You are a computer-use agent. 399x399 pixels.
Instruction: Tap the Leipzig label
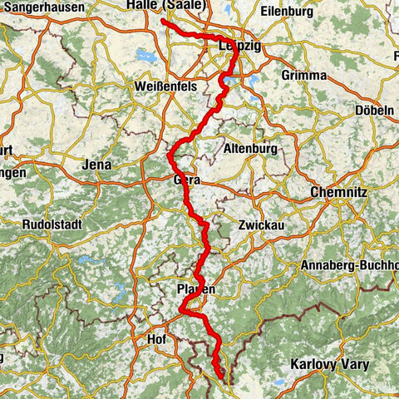click(x=238, y=47)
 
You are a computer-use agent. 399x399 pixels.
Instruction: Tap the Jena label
click(x=97, y=165)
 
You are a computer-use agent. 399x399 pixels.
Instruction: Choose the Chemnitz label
click(x=334, y=191)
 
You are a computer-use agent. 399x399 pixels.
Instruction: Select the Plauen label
click(x=196, y=288)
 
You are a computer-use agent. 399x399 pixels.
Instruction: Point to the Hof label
click(x=155, y=339)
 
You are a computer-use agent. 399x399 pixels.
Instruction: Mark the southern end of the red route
click(x=221, y=379)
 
